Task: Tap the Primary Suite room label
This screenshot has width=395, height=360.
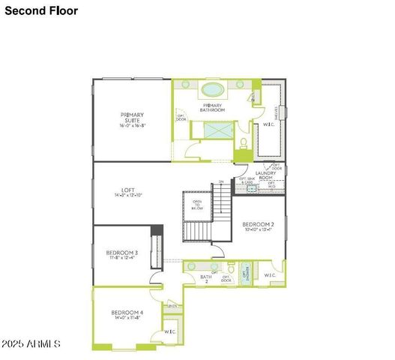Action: point(132,120)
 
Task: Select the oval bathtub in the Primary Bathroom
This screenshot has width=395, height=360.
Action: point(212,89)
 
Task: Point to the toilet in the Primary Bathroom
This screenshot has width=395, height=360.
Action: point(243,142)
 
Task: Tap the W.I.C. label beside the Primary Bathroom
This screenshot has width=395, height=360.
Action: point(268,124)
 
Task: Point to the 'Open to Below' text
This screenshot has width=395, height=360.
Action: point(197,205)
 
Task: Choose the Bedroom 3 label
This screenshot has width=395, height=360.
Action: point(121,255)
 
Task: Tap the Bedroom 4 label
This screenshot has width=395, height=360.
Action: point(127,314)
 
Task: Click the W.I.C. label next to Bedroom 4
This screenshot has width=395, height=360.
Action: point(170,331)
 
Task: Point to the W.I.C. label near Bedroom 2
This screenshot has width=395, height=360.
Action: point(270,274)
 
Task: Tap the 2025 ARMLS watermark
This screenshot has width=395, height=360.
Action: point(31,343)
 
